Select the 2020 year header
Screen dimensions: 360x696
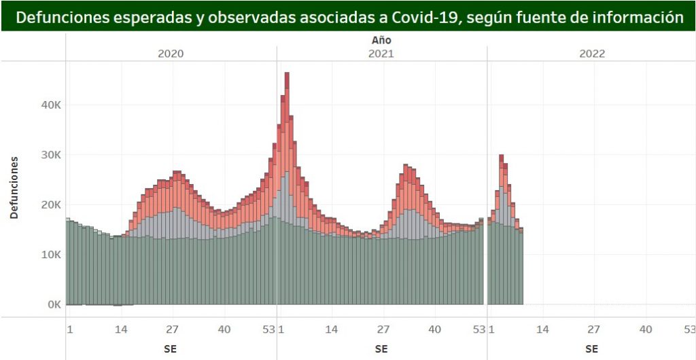click(171, 54)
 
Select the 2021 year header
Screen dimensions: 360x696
click(381, 54)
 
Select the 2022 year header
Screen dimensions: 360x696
click(592, 54)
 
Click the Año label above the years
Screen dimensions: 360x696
click(381, 40)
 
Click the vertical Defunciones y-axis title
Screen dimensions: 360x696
click(14, 187)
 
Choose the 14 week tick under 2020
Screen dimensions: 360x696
click(120, 329)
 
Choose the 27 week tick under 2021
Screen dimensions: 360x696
click(383, 329)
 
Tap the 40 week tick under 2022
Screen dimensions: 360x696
click(645, 329)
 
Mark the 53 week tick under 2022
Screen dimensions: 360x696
click(689, 329)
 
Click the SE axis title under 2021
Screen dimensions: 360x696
click(381, 348)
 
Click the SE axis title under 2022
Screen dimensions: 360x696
click(592, 348)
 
